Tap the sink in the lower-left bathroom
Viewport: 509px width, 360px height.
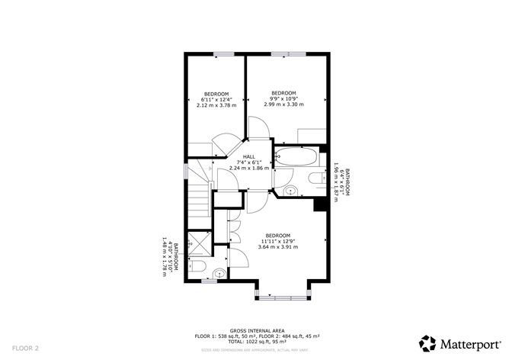point(219,272)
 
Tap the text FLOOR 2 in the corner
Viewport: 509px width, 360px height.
point(25,347)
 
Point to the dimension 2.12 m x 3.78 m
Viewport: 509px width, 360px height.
point(216,106)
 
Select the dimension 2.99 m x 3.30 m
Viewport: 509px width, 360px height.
point(283,104)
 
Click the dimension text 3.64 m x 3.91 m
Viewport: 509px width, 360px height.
point(278,246)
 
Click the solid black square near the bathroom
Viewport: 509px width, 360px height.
point(319,204)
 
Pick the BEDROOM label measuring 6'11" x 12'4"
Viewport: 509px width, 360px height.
point(216,94)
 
